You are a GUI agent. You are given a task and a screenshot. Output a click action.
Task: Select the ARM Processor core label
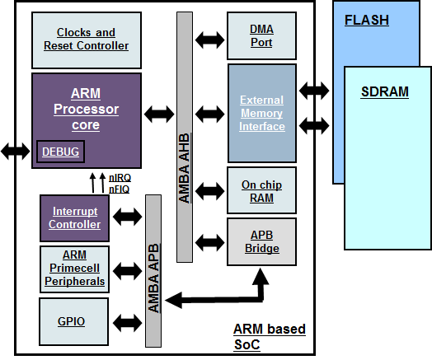point(86,110)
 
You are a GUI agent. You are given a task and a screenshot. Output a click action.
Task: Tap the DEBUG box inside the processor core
point(60,152)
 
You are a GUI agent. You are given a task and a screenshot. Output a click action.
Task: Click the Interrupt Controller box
point(75,217)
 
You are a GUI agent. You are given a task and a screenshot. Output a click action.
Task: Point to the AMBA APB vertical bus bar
point(153,270)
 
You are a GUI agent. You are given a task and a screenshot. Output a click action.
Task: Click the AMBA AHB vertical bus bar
point(184,137)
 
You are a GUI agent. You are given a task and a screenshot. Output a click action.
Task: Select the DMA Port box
point(261,35)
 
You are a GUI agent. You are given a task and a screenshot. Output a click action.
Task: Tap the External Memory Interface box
point(261,113)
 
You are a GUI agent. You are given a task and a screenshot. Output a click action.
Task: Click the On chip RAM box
point(261,191)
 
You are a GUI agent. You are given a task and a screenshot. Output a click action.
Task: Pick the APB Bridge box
point(261,241)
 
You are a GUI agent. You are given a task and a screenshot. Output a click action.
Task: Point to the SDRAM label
point(385,91)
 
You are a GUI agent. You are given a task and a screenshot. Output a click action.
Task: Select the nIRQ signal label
point(119,177)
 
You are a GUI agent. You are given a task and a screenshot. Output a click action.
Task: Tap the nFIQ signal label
point(119,189)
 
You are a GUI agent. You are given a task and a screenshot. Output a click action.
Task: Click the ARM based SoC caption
point(269,336)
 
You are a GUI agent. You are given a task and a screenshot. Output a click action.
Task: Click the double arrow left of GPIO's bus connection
point(127,321)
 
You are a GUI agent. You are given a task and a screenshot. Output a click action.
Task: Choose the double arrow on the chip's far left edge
point(15,150)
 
